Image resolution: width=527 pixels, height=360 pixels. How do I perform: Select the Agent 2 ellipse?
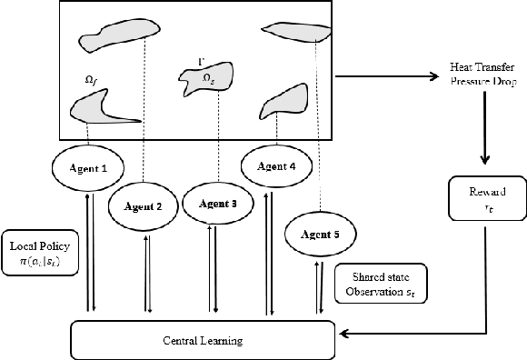pyautogui.click(x=141, y=206)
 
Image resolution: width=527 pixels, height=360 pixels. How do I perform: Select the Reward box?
pyautogui.click(x=489, y=199)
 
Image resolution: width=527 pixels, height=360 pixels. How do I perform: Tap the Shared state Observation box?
pyautogui.click(x=379, y=285)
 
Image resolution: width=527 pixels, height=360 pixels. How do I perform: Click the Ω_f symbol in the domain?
pyautogui.click(x=91, y=82)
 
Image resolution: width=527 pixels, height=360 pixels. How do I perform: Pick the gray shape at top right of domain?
pyautogui.click(x=300, y=32)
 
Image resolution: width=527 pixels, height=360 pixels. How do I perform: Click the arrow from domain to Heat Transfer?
pyautogui.click(x=391, y=75)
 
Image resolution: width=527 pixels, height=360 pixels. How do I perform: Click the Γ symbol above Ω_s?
pyautogui.click(x=200, y=61)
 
